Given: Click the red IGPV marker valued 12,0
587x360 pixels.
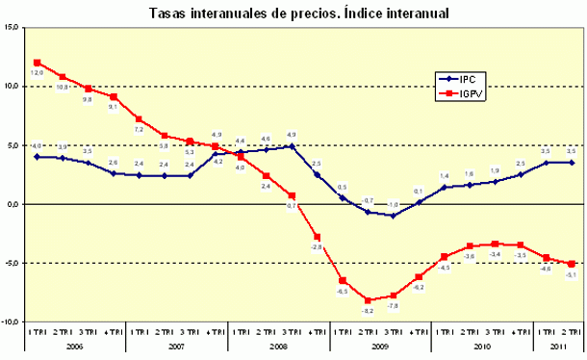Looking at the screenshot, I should [37, 63].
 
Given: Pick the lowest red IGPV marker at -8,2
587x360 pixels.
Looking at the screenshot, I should [368, 300].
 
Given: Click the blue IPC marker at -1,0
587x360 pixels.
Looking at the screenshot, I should [393, 216].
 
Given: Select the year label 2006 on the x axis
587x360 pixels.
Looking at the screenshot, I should [75, 345].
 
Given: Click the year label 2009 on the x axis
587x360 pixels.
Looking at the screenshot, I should [380, 345].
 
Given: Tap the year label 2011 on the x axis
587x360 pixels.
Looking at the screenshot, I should [558, 345].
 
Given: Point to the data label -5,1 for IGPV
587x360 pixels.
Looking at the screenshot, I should [572, 276].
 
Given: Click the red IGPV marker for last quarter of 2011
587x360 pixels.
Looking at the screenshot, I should [572, 264].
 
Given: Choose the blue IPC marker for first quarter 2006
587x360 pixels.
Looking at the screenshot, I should [37, 157].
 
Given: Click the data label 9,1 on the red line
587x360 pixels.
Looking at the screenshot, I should [114, 108].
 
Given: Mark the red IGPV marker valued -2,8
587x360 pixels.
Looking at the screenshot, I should [317, 237].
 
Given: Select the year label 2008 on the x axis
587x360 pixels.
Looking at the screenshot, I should [278, 345].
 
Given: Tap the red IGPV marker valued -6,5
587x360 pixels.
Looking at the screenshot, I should [343, 280].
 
